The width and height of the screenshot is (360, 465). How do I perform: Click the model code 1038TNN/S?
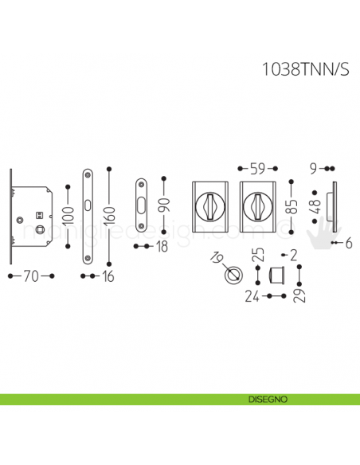[x=305, y=69]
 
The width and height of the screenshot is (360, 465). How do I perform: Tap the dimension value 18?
[x=162, y=247]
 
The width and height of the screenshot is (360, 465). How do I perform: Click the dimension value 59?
[x=257, y=169]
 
